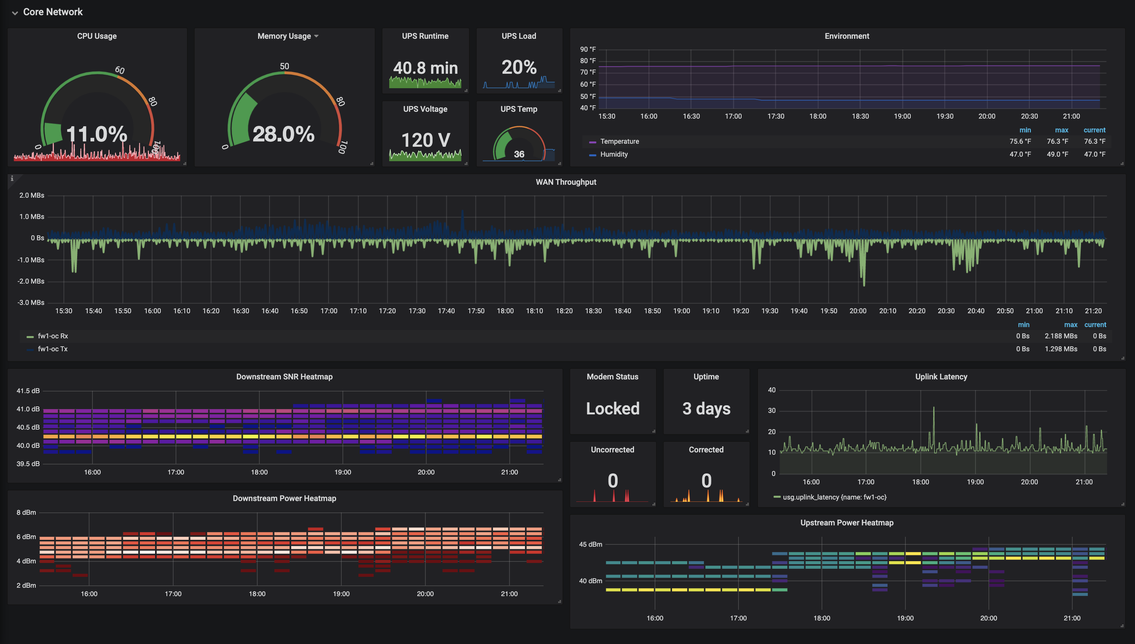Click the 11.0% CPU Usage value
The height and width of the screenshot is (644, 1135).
point(97,134)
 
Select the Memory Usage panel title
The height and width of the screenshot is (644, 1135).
point(284,36)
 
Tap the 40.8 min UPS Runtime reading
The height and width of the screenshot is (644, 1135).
point(425,68)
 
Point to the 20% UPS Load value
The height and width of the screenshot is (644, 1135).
point(518,67)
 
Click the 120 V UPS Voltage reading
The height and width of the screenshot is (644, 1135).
point(425,140)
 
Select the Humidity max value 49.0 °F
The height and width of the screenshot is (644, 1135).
point(1057,154)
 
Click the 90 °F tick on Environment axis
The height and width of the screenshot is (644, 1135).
point(588,49)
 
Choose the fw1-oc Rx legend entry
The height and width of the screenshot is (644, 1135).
point(47,336)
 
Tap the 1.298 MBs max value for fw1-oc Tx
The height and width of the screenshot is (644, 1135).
point(1061,349)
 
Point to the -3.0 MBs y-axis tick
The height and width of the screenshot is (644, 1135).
point(30,303)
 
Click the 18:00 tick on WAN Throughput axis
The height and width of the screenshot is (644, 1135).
point(505,311)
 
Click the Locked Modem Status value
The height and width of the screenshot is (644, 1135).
point(612,408)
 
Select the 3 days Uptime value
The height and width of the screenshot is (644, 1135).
point(706,408)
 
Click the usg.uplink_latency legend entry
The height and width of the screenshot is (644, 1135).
point(830,497)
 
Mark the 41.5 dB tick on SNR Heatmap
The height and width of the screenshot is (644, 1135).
point(28,390)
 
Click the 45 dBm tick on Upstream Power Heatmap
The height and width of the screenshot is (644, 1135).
point(590,544)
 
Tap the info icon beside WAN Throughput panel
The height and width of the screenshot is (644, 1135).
point(12,179)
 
